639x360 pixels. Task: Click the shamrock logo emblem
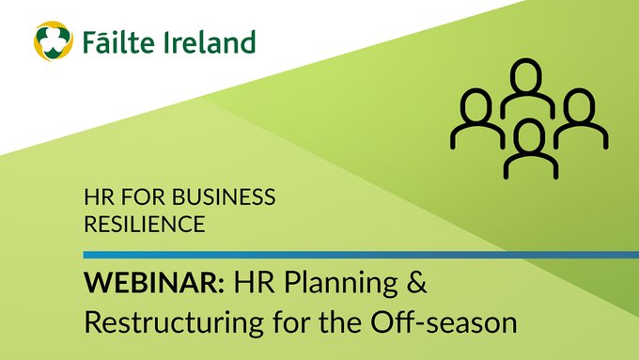click(53, 41)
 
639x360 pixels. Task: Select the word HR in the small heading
click(98, 198)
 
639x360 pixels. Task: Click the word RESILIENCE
click(145, 226)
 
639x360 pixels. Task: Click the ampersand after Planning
click(403, 282)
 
